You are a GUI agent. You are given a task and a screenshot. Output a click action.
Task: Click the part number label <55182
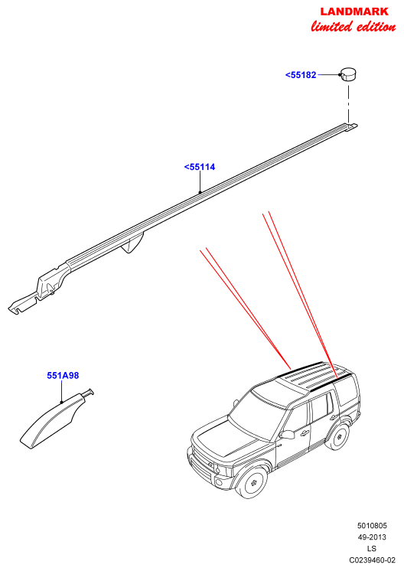click(x=301, y=75)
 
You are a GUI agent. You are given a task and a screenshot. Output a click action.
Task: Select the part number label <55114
click(x=200, y=167)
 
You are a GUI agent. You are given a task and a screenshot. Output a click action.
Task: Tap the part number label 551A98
click(x=63, y=376)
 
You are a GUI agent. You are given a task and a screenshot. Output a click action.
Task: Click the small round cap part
click(x=348, y=75)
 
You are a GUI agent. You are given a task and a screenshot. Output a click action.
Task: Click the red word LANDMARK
click(x=354, y=11)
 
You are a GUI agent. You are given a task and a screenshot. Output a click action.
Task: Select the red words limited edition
click(x=353, y=27)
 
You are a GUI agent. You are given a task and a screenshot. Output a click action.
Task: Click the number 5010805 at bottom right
click(x=372, y=526)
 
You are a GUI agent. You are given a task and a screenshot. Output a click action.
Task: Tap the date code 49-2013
click(x=372, y=537)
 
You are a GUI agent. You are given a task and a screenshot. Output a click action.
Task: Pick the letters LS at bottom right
click(x=372, y=549)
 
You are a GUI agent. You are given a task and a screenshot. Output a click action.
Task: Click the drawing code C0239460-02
click(x=372, y=560)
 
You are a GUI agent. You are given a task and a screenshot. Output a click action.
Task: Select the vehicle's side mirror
click(x=288, y=435)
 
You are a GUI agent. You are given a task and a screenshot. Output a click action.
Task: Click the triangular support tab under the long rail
click(x=132, y=242)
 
